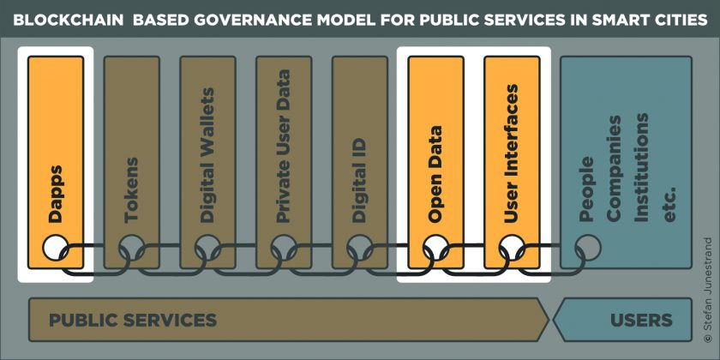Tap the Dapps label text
click(56, 195)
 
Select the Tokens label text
click(132, 190)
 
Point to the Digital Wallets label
click(207, 155)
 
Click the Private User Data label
click(284, 147)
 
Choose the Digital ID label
click(359, 180)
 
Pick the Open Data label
click(435, 174)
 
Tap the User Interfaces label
click(511, 153)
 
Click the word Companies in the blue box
click(615, 169)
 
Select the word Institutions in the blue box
click(641, 166)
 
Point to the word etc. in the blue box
click(670, 204)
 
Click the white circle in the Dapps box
click(56, 248)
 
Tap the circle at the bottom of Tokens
click(132, 248)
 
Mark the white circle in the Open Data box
click(435, 248)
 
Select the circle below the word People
click(587, 248)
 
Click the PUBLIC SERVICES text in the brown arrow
click(133, 320)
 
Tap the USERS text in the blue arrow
click(641, 320)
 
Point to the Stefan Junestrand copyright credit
click(709, 290)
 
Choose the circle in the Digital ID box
click(359, 248)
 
